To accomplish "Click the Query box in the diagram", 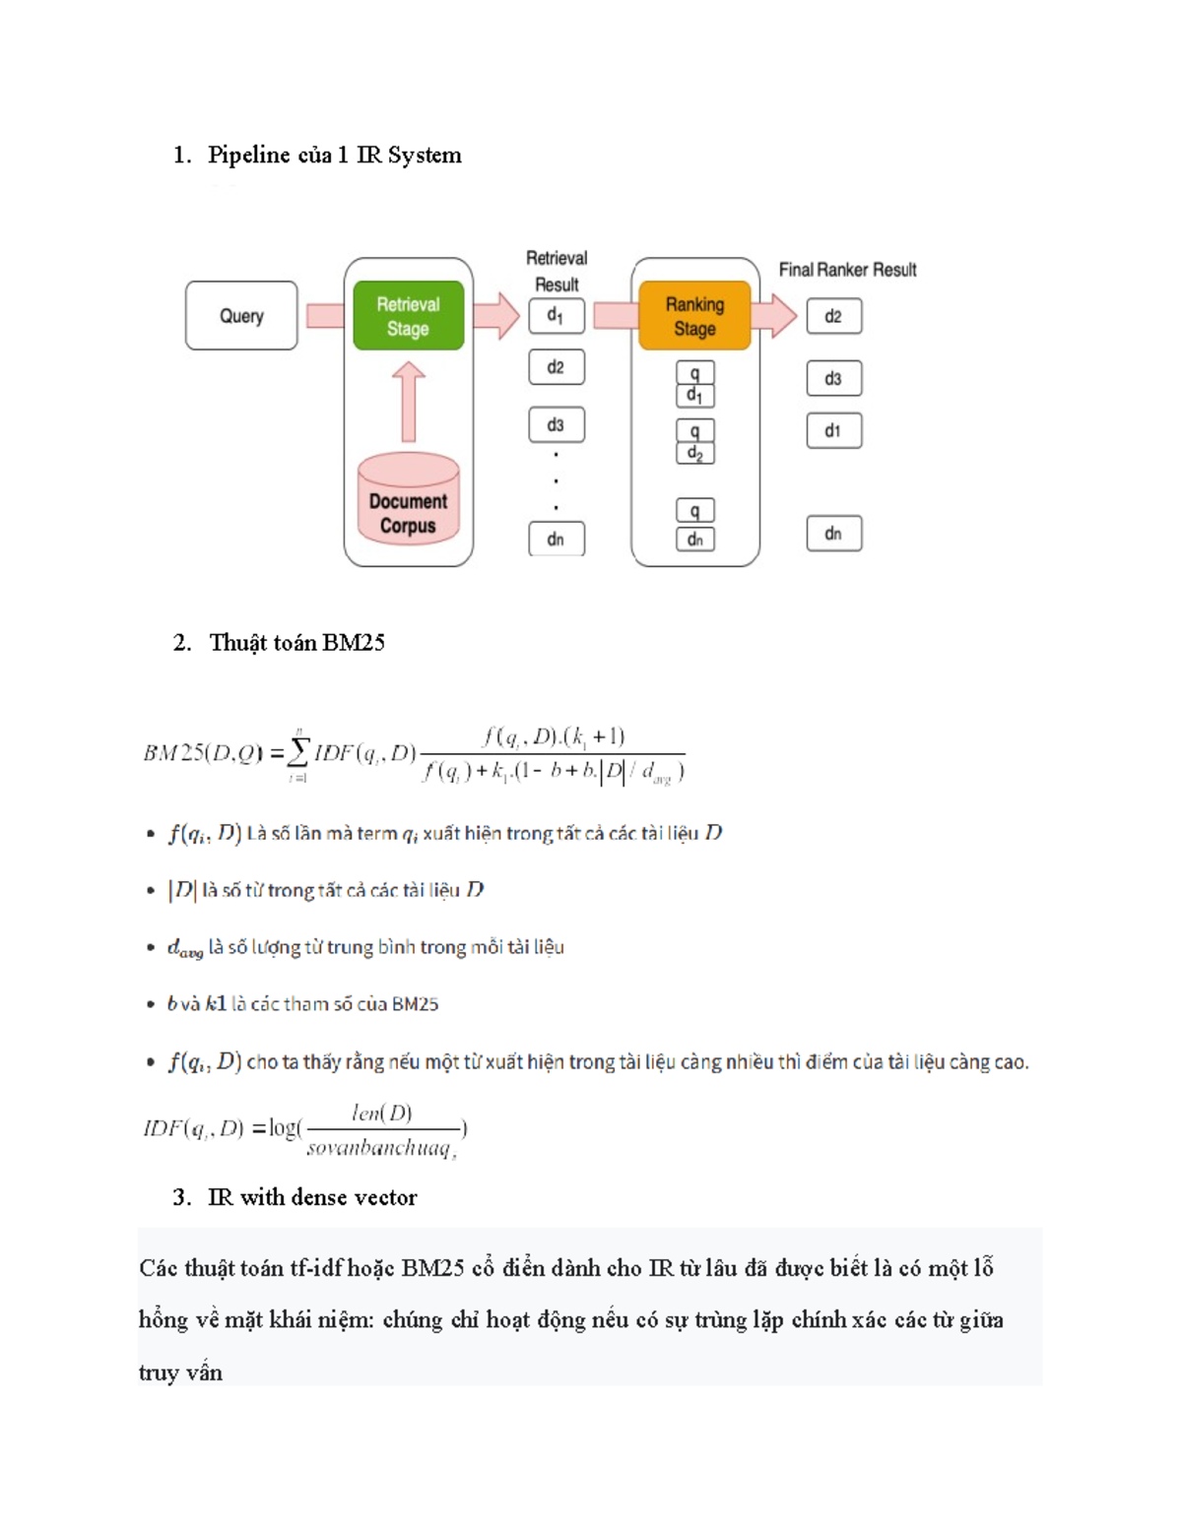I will (241, 316).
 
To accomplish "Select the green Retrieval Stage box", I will (408, 316).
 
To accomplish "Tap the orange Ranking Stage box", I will (694, 316).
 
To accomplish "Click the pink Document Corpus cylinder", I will (408, 499).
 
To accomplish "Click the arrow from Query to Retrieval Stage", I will (325, 316).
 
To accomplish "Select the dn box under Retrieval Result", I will (556, 539).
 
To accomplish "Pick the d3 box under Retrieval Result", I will (556, 424).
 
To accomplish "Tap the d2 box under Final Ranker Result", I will (833, 316).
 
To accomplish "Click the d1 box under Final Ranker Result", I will (833, 430).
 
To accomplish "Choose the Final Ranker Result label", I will (847, 270).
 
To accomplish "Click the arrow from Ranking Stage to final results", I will (774, 316).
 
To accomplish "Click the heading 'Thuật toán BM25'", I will (296, 643).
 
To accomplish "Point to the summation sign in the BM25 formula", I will (297, 753).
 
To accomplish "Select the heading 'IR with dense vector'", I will (312, 1197).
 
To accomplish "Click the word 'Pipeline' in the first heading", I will (249, 156).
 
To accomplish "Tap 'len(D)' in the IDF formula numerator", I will (382, 1113).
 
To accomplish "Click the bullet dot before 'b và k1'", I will (150, 1004).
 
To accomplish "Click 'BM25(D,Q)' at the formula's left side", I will (203, 753).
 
